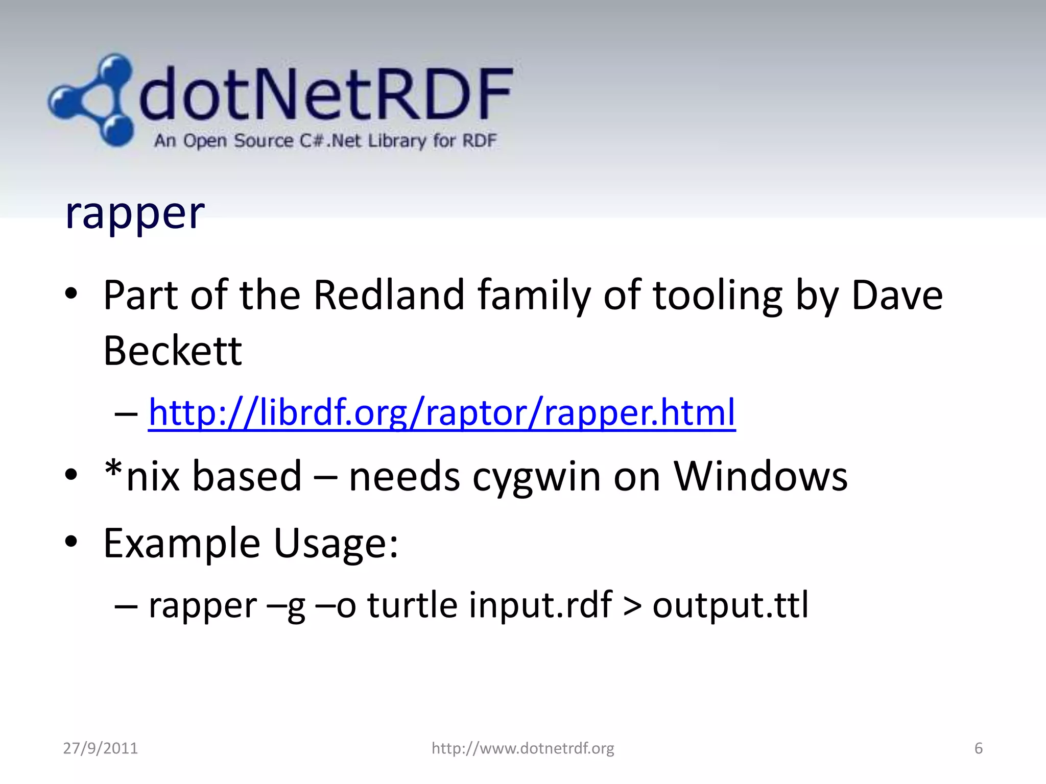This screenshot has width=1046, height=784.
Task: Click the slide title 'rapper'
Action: click(135, 213)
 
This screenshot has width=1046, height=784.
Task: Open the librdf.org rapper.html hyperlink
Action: click(442, 412)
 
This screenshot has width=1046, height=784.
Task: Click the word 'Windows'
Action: click(760, 476)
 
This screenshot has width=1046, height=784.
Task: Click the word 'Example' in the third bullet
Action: click(182, 543)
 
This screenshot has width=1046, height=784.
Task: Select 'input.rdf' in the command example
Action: click(540, 605)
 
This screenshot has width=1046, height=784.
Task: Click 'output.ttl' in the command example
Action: click(730, 605)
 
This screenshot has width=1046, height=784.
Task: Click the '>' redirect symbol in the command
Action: click(632, 606)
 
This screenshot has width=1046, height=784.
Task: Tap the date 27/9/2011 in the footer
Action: click(101, 748)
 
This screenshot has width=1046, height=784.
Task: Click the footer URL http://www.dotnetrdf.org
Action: click(522, 748)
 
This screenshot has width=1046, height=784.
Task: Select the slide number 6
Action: click(978, 748)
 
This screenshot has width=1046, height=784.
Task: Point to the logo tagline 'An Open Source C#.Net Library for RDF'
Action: click(325, 140)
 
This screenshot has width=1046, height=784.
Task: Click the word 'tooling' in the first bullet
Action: click(718, 296)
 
